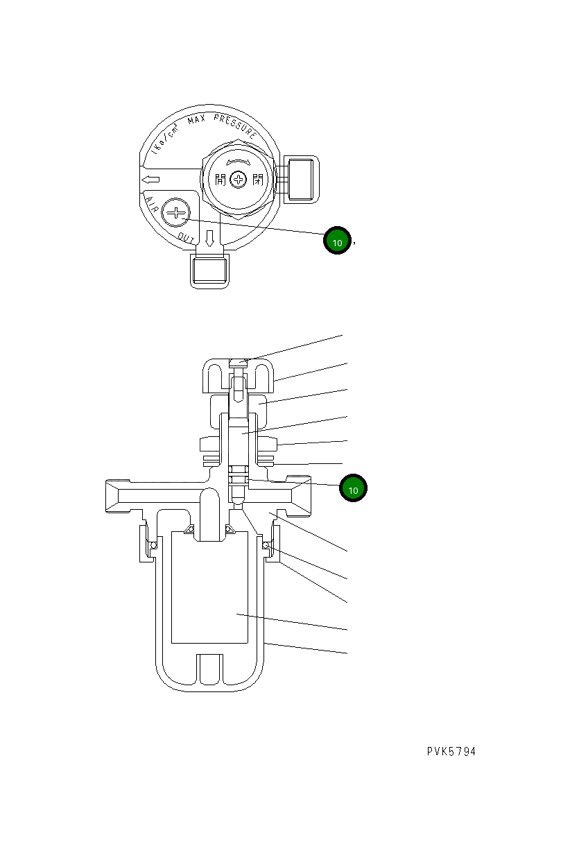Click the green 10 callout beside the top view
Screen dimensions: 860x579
338,242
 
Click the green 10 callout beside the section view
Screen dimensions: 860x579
353,489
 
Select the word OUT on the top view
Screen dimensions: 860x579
186,238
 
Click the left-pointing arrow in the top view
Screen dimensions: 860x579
150,180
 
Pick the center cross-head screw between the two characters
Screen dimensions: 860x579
239,180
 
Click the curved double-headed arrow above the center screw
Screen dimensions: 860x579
239,160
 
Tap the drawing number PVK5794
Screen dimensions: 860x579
451,752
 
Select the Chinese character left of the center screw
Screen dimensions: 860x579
221,180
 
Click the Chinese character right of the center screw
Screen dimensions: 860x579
257,180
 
